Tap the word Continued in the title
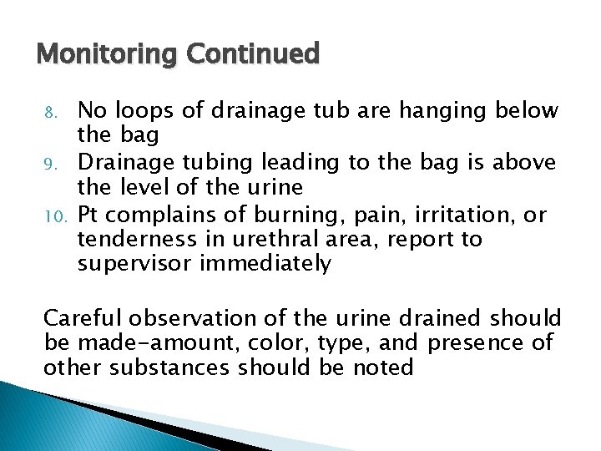(x=253, y=54)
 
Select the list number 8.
(x=51, y=112)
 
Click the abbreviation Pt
(x=89, y=215)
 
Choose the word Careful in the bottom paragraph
(x=81, y=318)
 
